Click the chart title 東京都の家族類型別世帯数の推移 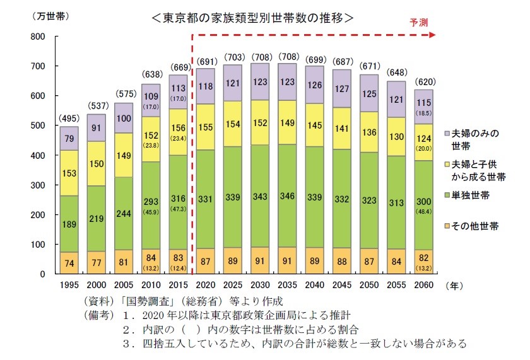[x=252, y=18]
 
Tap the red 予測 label [x=418, y=22]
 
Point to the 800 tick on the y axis [x=37, y=37]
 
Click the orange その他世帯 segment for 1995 [x=69, y=263]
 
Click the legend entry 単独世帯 [x=471, y=196]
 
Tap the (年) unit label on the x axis [x=454, y=286]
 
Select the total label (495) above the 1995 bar [x=69, y=119]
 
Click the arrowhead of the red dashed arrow [x=431, y=35]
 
